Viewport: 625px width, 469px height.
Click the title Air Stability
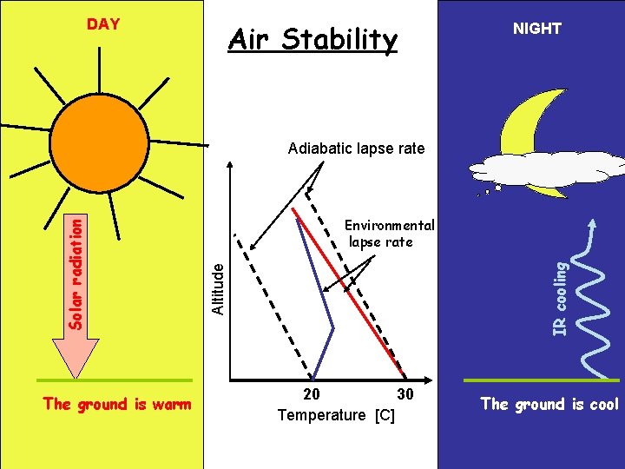(x=312, y=39)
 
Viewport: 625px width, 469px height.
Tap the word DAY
(x=103, y=24)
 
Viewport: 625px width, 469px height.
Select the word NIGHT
(x=536, y=29)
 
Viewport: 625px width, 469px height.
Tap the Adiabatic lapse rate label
(x=356, y=149)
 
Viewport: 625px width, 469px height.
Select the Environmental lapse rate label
(x=389, y=234)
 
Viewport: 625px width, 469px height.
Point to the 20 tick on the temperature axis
(x=311, y=394)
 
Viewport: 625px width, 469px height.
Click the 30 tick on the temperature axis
(x=404, y=394)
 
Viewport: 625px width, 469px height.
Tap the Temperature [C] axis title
(x=336, y=415)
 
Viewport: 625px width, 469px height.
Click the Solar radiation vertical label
(x=77, y=273)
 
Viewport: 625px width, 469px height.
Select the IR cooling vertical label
(x=562, y=299)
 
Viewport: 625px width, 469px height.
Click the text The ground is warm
(x=116, y=404)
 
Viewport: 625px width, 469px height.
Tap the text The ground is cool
(x=549, y=404)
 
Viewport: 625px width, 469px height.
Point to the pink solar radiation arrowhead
(x=77, y=356)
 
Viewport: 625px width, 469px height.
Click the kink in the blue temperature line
(x=333, y=327)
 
